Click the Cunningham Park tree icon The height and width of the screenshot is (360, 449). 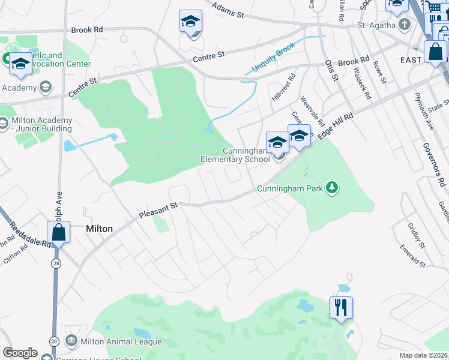(x=331, y=188)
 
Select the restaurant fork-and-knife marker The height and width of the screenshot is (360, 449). (x=341, y=308)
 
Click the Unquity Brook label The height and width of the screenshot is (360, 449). (x=274, y=60)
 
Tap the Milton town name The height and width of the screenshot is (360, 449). (x=99, y=229)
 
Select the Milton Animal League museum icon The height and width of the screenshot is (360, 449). (x=71, y=341)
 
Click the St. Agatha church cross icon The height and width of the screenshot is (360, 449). (x=405, y=25)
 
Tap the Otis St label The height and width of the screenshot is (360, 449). (x=333, y=71)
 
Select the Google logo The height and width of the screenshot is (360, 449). (x=20, y=353)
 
